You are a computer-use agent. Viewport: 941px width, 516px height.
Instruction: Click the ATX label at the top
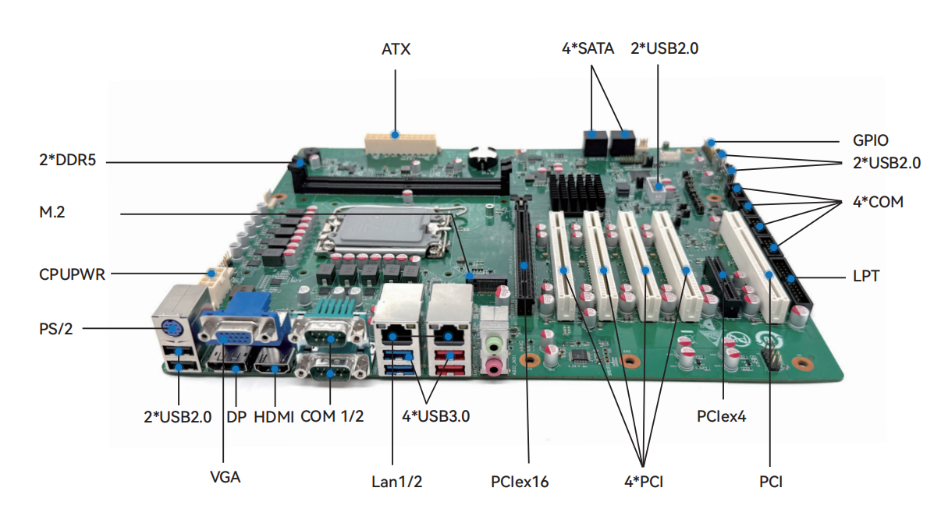(x=396, y=50)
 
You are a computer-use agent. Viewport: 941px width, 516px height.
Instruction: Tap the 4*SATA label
(x=588, y=48)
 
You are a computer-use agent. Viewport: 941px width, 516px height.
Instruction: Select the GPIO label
(x=870, y=141)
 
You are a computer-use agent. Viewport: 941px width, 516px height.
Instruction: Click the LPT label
(x=864, y=276)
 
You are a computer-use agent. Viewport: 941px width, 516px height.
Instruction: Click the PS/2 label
(x=57, y=328)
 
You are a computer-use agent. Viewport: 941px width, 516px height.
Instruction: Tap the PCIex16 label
(x=520, y=482)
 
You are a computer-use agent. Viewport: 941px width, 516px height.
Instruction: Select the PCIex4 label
(x=721, y=416)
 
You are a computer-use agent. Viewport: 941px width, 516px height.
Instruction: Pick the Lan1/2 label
(x=396, y=482)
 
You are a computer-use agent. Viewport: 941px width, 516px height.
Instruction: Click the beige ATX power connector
(x=399, y=143)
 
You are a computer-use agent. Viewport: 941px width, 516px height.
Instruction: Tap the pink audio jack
(x=494, y=366)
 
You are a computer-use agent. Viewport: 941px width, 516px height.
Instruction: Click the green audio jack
(x=494, y=343)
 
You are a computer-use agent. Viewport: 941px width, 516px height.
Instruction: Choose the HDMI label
(x=274, y=416)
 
